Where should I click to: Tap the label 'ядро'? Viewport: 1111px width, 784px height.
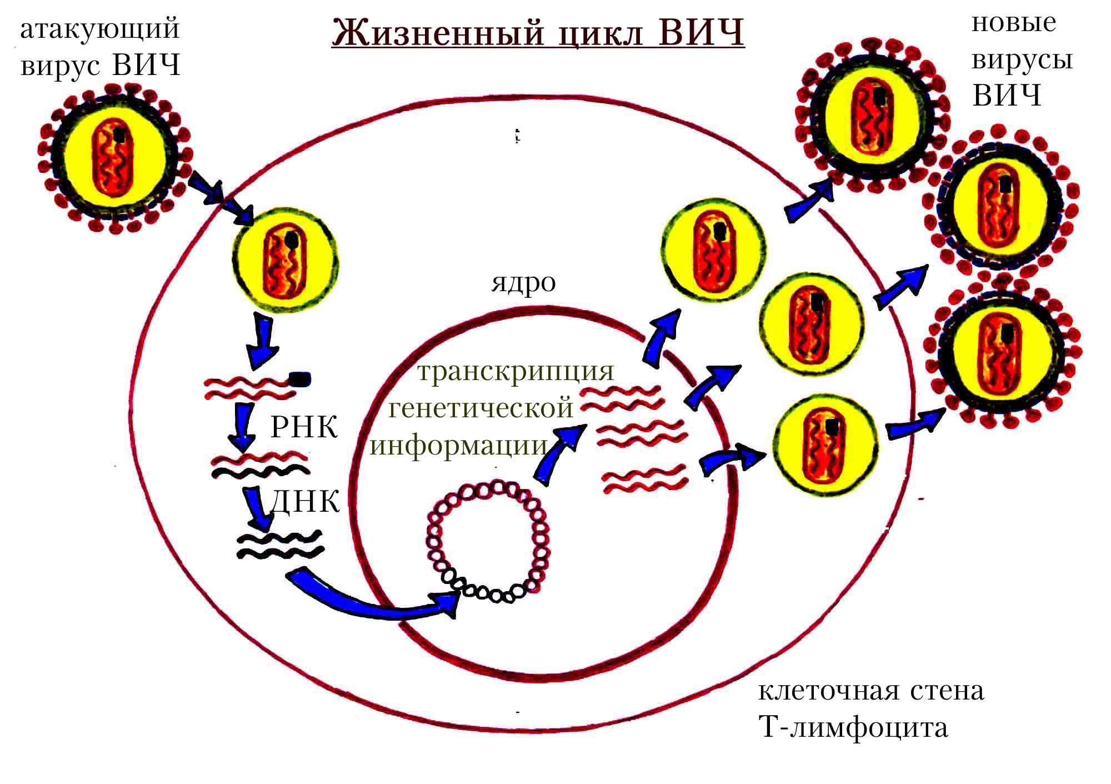pos(523,283)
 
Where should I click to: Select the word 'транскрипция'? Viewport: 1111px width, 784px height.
pos(516,372)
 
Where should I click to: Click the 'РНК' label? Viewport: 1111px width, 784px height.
pos(304,428)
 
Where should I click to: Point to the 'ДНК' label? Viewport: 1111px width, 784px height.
pos(304,501)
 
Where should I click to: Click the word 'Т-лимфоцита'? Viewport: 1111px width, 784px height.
pos(853,728)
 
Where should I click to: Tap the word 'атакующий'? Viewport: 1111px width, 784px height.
pos(100,29)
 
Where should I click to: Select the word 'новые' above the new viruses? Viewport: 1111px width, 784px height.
pos(1014,23)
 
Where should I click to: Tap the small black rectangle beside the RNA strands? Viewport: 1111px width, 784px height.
pos(300,379)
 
